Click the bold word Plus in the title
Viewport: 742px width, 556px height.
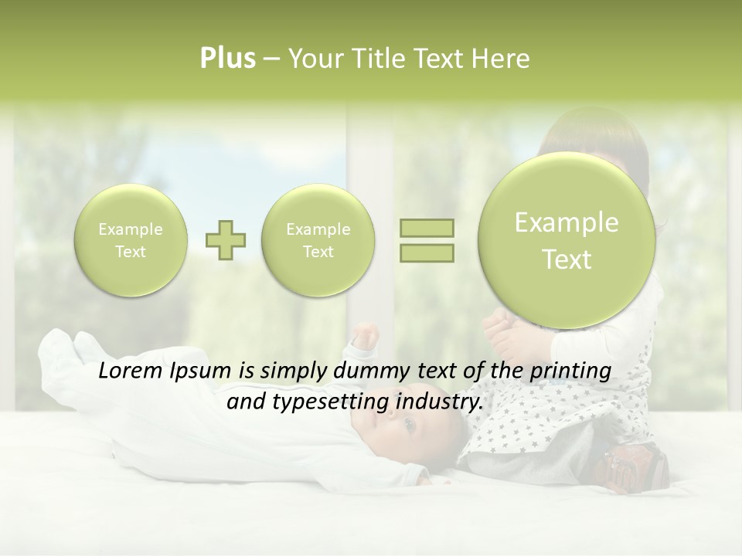[227, 59]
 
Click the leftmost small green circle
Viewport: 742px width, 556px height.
[131, 240]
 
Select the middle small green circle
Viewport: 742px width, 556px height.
[318, 240]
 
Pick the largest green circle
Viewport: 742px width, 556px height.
[567, 240]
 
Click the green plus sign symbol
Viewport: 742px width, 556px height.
[226, 240]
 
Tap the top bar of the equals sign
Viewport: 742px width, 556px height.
[427, 228]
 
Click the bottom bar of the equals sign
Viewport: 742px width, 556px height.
[427, 253]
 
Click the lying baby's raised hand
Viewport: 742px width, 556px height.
[366, 337]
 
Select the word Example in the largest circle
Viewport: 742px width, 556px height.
[567, 223]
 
